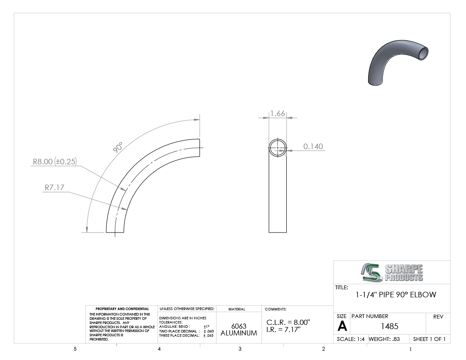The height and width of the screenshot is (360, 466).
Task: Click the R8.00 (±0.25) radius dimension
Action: pos(55,162)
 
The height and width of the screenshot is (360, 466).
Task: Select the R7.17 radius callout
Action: pos(54,188)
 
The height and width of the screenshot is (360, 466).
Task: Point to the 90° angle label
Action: pos(118,147)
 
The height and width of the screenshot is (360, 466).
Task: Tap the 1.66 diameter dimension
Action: pos(277,114)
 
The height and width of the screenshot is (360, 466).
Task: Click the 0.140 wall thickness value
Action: pos(313,147)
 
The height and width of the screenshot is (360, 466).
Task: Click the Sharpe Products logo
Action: pos(392,272)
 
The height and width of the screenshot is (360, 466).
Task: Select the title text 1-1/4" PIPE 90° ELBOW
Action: pos(396,295)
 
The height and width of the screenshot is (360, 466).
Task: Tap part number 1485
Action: pos(389,327)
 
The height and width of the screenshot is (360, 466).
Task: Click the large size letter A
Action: pos(342,327)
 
